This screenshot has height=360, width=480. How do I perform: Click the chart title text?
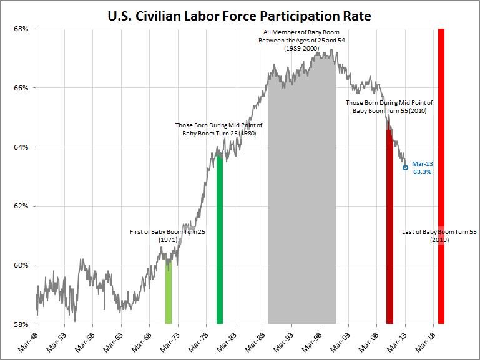(240, 16)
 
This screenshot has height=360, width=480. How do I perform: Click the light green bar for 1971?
(169, 293)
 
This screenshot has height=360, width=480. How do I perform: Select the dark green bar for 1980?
(220, 243)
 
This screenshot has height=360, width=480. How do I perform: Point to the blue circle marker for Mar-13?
(405, 167)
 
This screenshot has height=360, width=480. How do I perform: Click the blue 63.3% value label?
(423, 172)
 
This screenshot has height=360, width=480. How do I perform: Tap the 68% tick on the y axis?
(22, 29)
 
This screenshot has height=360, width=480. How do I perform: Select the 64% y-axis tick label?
(22, 147)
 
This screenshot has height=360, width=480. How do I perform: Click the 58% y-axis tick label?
(22, 324)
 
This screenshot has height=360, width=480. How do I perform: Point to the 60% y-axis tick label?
(22, 265)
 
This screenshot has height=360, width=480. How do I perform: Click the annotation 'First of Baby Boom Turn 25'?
(167, 232)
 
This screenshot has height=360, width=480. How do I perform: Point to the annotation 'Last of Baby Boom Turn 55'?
(439, 232)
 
